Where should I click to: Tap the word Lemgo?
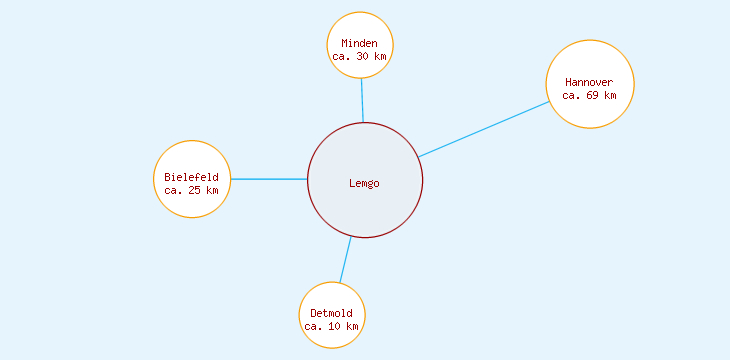pos(365,183)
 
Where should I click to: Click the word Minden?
pos(360,44)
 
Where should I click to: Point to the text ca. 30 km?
pos(360,57)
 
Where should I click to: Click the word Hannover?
pos(589,82)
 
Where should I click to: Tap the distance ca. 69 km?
pos(589,96)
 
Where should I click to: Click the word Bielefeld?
pos(192,177)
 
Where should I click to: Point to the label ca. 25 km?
pos(192,190)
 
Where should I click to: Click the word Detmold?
pos(332,313)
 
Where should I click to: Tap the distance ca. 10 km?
pos(332,326)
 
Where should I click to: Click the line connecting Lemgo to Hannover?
pos(484,128)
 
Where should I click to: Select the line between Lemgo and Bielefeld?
pos(269,179)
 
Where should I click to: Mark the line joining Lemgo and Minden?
pos(362,100)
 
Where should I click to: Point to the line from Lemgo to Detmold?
pos(345,260)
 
